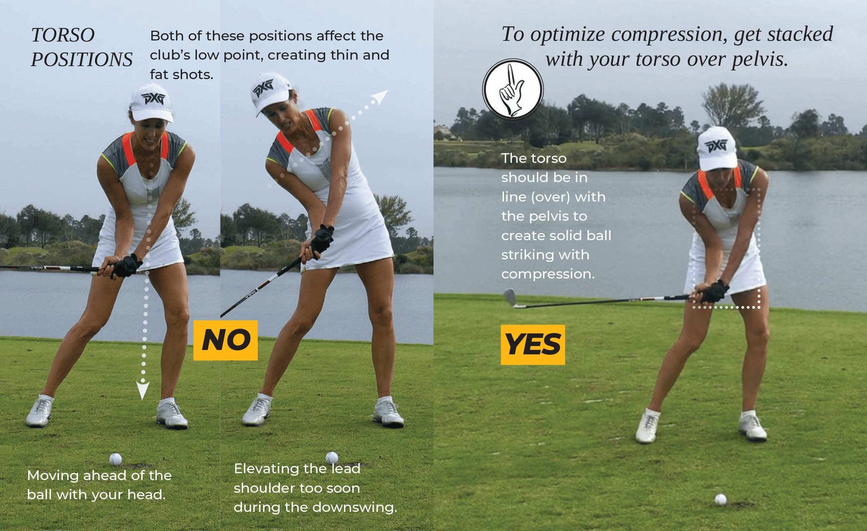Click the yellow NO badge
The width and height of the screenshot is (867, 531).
tap(225, 340)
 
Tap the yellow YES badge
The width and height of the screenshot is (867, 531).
tap(533, 345)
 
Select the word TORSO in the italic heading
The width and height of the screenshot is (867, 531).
tap(63, 35)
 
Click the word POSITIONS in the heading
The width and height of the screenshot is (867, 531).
tap(82, 59)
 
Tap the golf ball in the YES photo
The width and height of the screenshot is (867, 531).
tap(720, 499)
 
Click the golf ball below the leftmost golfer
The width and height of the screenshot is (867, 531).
tap(116, 459)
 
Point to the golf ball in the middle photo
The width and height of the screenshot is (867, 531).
tap(332, 457)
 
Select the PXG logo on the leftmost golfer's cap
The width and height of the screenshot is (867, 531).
tap(153, 98)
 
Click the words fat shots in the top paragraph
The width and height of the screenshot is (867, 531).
tap(181, 74)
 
